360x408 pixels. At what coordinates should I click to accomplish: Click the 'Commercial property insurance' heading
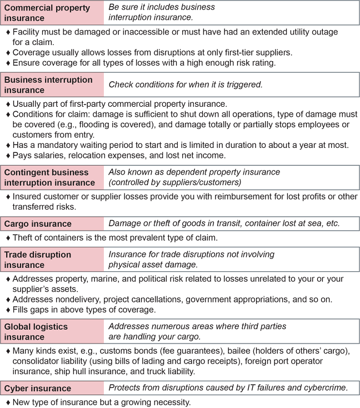47,13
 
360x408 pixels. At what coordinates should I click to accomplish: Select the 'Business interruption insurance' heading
48,84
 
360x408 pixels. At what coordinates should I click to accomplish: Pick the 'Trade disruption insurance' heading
38,260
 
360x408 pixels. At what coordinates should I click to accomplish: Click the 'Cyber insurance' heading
38,388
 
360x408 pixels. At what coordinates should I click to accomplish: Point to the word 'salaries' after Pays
49,155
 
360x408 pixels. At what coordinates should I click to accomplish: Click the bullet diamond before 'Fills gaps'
8,310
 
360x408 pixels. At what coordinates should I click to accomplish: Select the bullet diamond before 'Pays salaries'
8,156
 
